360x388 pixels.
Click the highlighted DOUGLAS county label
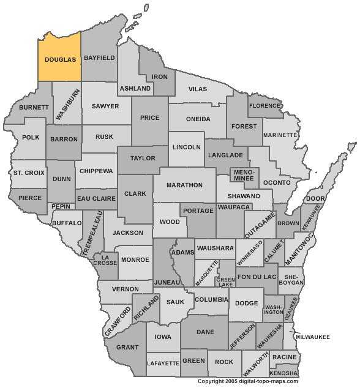(60, 59)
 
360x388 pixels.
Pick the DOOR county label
(315, 199)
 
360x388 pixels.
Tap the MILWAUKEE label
(313, 337)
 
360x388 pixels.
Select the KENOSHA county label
(284, 373)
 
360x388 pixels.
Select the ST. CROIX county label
(29, 173)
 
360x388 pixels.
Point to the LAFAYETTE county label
(163, 364)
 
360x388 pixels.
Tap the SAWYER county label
(105, 106)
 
